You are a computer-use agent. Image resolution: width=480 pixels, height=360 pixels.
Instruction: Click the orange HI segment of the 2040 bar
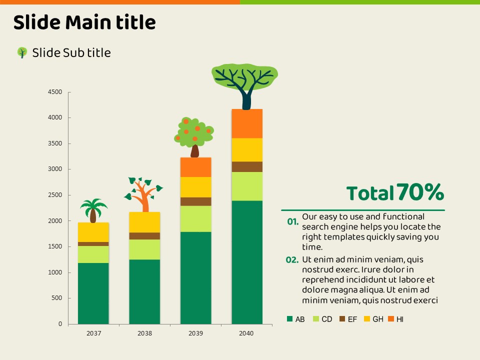coord(247,123)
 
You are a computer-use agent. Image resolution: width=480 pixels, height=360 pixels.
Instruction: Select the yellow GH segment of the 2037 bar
coord(93,232)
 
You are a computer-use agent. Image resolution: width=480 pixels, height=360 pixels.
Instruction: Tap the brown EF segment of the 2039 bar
coord(195,201)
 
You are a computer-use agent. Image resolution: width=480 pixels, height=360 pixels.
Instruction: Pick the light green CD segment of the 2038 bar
coord(144,249)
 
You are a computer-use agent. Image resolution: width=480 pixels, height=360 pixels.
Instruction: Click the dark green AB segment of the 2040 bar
coord(247,262)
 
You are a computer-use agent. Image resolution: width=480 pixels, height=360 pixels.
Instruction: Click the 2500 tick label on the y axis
coord(55,195)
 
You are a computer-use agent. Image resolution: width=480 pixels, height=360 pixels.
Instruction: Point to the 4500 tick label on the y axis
coord(55,92)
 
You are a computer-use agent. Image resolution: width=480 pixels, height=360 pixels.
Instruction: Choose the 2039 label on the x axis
coord(195,333)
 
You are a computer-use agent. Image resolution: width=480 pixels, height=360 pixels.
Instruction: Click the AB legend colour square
coord(289,319)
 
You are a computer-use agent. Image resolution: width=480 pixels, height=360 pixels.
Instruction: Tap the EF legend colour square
coord(342,319)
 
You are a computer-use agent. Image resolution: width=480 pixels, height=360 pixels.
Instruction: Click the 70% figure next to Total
coord(420,192)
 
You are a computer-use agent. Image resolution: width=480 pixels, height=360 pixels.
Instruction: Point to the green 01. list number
coord(293,221)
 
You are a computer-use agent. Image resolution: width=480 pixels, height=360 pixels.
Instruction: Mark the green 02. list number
coord(292,260)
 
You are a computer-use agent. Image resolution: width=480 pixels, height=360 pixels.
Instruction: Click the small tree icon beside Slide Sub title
coord(22,52)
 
